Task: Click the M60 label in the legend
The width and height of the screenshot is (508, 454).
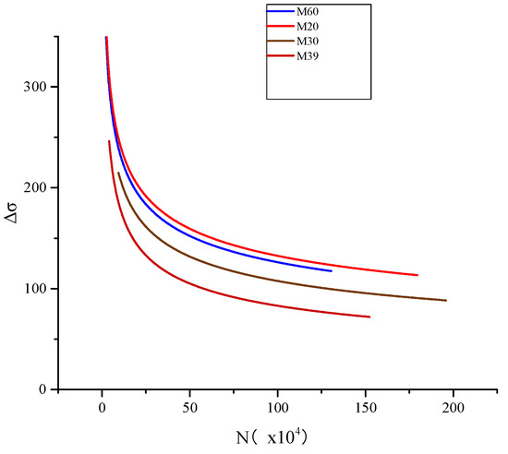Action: [x=308, y=11]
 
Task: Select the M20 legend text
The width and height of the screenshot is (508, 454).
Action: [x=308, y=26]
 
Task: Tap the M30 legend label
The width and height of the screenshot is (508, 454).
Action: [x=308, y=42]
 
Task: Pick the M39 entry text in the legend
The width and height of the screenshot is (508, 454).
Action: [x=308, y=56]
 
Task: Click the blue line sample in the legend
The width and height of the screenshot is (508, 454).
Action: [x=281, y=11]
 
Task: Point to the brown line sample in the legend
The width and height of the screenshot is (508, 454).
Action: [x=281, y=42]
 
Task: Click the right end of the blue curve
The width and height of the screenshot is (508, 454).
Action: [x=332, y=270]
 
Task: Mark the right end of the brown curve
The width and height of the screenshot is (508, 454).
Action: [x=446, y=300]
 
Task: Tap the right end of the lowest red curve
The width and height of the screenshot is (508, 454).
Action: [x=369, y=317]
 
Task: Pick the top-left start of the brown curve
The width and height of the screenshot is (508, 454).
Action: [x=118, y=173]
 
